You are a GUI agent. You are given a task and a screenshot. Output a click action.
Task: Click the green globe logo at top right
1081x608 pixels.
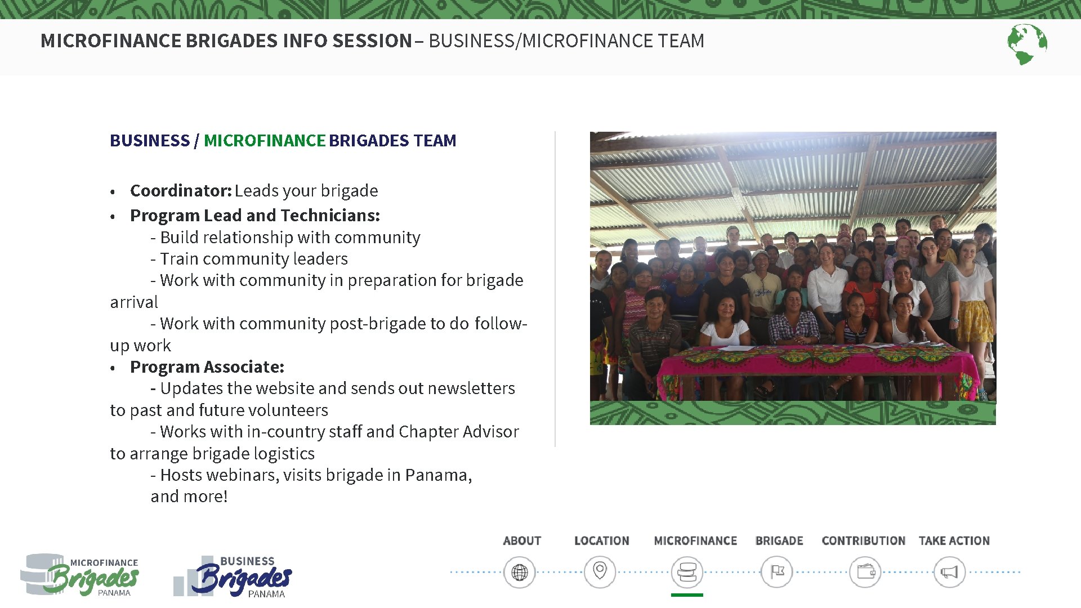[1027, 44]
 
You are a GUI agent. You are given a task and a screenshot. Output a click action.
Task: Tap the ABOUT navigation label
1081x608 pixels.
[522, 540]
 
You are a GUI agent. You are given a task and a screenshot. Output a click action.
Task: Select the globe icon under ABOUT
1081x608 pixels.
[519, 573]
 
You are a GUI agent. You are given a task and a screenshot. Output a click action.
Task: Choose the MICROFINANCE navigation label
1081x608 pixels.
[695, 540]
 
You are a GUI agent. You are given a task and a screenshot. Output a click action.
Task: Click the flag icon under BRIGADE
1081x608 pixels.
[777, 573]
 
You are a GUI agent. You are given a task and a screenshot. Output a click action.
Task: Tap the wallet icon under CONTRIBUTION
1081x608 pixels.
[865, 573]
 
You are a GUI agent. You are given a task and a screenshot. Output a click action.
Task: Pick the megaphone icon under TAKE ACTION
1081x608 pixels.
[949, 573]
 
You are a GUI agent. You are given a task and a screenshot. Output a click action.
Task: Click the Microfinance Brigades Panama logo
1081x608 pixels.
[81, 574]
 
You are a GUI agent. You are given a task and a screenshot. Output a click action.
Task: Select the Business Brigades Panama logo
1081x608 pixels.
[234, 576]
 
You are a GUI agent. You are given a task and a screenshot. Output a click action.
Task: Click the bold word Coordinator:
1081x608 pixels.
[181, 191]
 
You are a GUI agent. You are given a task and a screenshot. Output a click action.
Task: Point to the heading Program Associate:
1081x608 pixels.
[207, 367]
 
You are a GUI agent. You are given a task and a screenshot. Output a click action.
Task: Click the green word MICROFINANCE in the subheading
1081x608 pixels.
[265, 141]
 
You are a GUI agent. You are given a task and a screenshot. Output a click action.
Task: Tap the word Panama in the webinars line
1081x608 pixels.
[437, 475]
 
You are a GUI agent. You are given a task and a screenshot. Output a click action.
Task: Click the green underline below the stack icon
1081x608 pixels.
[687, 594]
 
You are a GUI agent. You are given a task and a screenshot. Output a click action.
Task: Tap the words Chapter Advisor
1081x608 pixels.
[458, 432]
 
